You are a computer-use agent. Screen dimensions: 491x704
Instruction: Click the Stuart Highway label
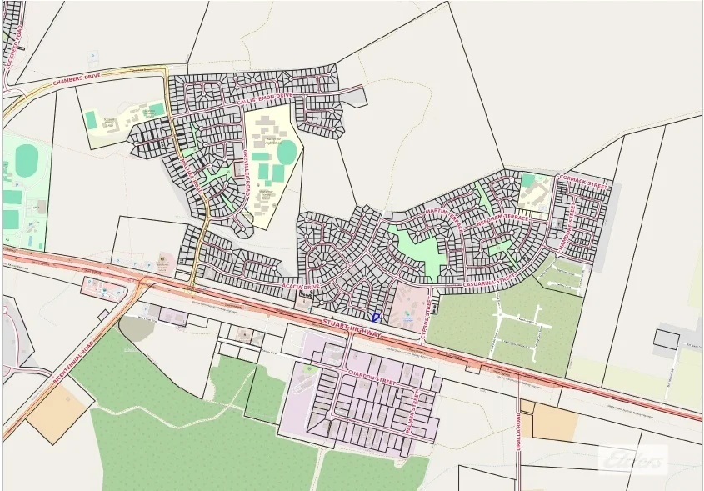(352, 328)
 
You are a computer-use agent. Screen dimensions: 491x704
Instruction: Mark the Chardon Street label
(370, 376)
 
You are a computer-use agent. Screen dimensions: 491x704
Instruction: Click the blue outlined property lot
(375, 317)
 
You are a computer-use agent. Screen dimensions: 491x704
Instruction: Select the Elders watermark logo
(634, 459)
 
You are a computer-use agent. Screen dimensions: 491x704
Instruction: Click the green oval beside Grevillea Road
(287, 153)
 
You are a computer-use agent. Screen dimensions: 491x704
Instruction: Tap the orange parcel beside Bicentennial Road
(59, 412)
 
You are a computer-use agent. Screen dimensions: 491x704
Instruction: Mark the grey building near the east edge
(666, 338)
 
